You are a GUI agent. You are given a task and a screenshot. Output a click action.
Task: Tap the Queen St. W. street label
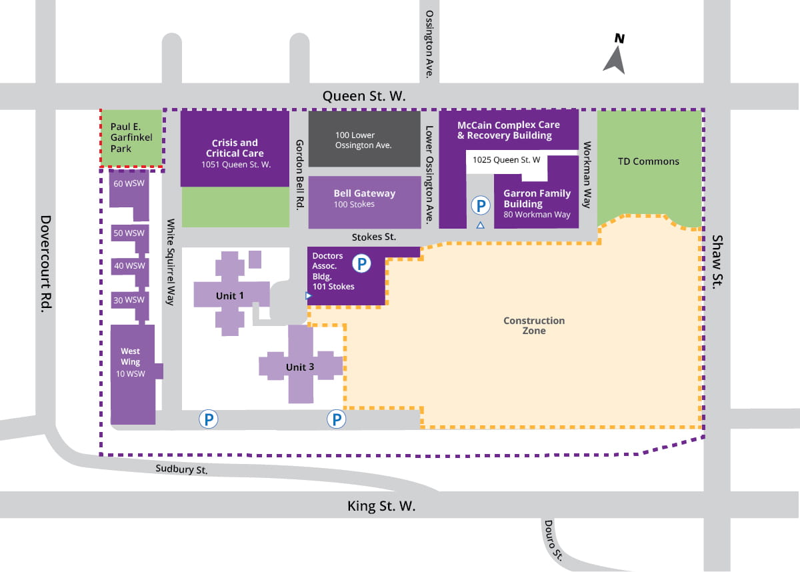coord(363,96)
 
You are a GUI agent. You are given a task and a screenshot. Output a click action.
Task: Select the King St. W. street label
coord(381,506)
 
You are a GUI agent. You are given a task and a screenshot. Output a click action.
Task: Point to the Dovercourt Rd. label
coord(47,263)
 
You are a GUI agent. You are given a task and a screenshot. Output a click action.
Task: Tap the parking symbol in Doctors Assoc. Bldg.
coord(361,264)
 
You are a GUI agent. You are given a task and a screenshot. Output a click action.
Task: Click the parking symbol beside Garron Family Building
coord(479,205)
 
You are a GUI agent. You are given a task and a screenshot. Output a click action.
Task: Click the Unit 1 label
coord(230,295)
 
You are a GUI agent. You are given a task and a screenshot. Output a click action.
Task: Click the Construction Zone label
coord(534,325)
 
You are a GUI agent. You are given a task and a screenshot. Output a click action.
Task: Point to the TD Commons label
coord(648,161)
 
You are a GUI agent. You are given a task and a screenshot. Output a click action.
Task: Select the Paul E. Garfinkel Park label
coord(131,138)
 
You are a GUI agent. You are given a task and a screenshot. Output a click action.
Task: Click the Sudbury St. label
coord(182,469)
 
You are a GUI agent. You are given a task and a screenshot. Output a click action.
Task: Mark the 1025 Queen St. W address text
coord(506,160)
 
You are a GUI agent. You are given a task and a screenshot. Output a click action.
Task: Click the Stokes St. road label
coord(373,237)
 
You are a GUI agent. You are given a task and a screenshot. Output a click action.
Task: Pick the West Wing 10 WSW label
coord(131,362)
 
